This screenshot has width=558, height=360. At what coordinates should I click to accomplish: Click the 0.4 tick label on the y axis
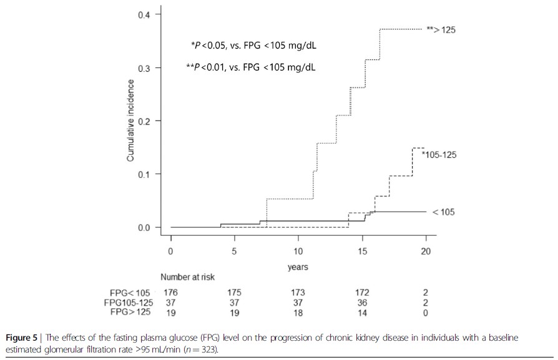[x=144, y=14]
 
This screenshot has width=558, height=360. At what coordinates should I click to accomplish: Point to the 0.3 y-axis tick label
[x=144, y=67]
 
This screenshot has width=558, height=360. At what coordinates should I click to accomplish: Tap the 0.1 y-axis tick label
[x=144, y=174]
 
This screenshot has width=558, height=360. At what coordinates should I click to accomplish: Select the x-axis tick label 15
[x=362, y=251]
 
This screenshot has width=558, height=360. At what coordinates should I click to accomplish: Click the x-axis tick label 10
[x=298, y=251]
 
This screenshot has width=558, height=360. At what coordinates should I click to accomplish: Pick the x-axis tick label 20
[x=426, y=251]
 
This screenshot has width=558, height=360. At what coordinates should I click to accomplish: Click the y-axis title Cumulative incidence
[x=130, y=121]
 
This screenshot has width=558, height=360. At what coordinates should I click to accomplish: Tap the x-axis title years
[x=298, y=267]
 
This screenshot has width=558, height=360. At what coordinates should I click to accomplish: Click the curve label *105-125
[x=439, y=155]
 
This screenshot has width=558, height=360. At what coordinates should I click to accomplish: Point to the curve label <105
[x=443, y=212]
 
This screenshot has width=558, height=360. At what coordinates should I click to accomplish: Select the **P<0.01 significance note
[x=250, y=67]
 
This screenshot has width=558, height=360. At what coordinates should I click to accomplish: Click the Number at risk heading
[x=188, y=277]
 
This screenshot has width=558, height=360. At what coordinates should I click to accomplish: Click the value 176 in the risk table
[x=170, y=292]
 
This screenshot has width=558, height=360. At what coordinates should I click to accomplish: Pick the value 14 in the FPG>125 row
[x=362, y=311]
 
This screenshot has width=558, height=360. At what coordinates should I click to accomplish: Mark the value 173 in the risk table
[x=298, y=292]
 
